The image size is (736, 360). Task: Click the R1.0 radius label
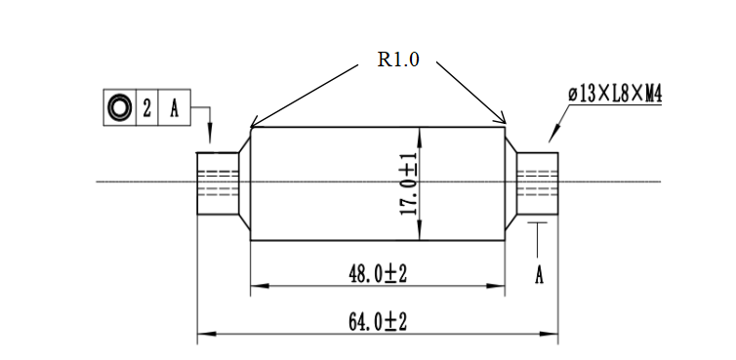click(398, 60)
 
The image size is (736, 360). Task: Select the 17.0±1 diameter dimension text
click(409, 184)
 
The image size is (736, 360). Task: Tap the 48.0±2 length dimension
click(378, 273)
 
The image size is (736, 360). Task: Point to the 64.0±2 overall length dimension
click(378, 322)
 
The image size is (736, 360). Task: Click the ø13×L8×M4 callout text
click(615, 94)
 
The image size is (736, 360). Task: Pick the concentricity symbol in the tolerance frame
click(119, 107)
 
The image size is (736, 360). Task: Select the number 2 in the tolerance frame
click(147, 108)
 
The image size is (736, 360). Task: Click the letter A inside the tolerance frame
click(174, 108)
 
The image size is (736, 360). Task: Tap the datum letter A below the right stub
click(539, 275)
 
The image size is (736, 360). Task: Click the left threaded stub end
click(218, 183)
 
